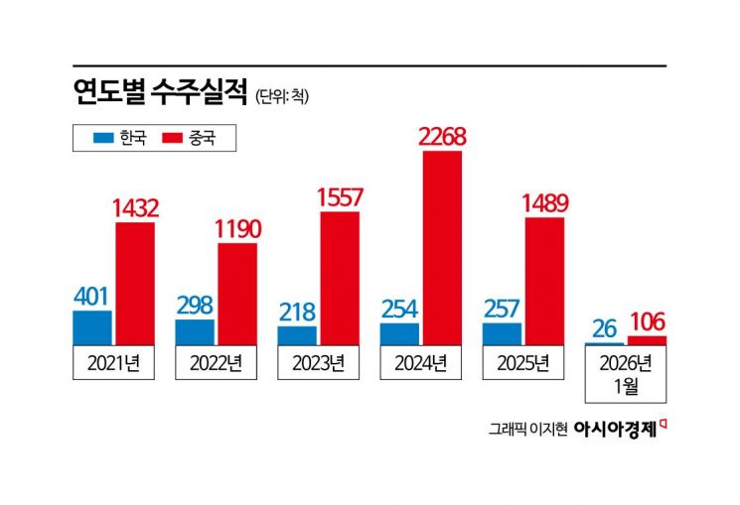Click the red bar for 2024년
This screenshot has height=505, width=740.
(442, 248)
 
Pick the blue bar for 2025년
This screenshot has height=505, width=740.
(502, 334)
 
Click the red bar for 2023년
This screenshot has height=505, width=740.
(340, 278)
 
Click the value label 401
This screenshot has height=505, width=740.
(92, 296)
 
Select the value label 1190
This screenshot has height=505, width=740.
(237, 229)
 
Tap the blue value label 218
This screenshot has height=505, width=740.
(297, 311)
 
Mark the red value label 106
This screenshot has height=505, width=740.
(647, 321)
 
